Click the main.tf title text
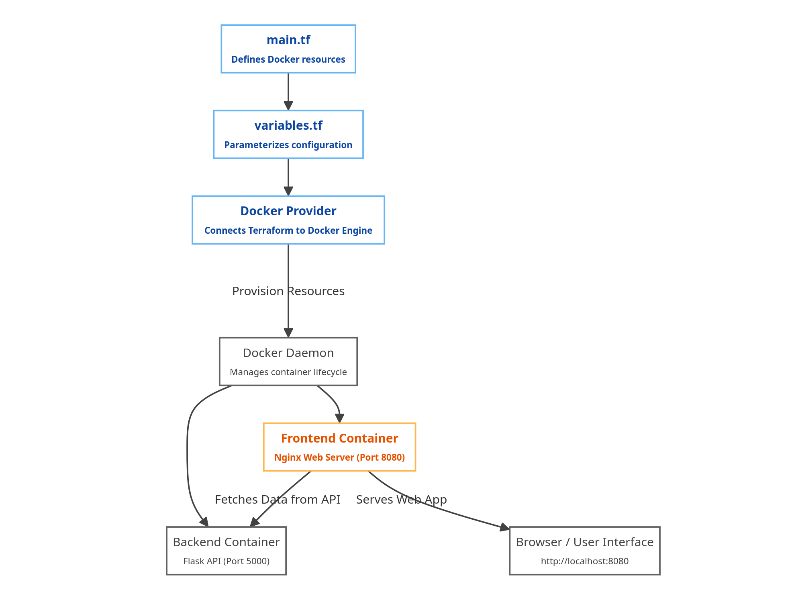[288, 40]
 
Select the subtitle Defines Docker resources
[288, 59]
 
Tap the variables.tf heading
[288, 126]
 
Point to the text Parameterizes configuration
[288, 145]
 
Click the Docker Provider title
[288, 211]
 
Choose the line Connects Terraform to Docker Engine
[288, 231]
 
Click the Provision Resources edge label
[288, 291]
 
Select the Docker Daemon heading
[288, 353]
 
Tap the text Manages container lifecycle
[288, 372]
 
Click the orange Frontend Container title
[339, 439]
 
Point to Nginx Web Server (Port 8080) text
[339, 458]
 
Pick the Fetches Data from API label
[277, 500]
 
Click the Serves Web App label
[401, 500]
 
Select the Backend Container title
[226, 542]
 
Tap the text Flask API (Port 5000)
[226, 561]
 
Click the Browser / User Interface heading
[584, 542]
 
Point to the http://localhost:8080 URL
[584, 561]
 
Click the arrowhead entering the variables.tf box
[288, 106]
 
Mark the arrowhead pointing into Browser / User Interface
[505, 527]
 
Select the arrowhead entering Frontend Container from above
[340, 418]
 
